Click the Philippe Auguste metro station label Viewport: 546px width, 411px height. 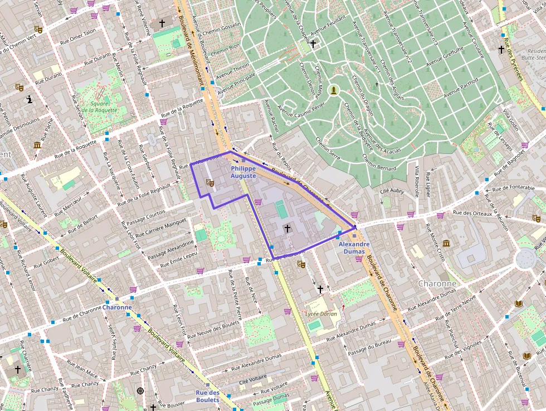point(243,172)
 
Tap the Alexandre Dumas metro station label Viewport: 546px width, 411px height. point(354,248)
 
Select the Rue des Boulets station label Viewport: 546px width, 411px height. point(207,396)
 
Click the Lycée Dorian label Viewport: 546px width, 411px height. point(321,314)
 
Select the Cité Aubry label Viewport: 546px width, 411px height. point(391,191)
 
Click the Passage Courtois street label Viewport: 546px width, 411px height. point(147,212)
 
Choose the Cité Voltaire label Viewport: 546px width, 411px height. point(253,380)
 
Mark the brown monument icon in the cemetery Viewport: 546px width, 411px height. point(334,90)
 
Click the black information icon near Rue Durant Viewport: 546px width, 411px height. point(29,100)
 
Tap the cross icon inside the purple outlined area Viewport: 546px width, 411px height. point(287,228)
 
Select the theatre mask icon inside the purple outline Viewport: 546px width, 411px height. point(209,182)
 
